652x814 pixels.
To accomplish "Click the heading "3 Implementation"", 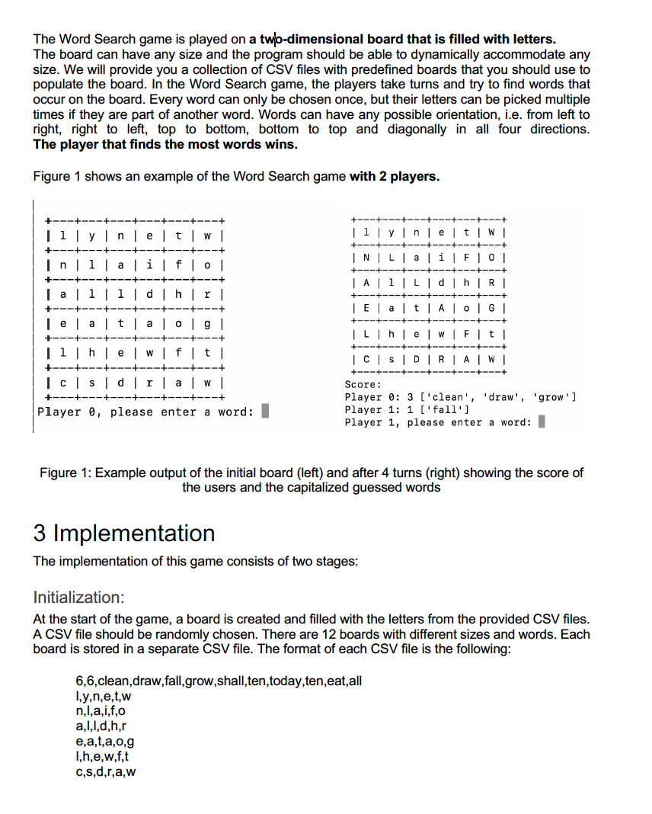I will (x=124, y=532).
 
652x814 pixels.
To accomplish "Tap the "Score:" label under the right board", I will (x=363, y=385).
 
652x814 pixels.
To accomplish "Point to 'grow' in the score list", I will (x=554, y=397).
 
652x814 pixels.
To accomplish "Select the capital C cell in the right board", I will (x=369, y=359).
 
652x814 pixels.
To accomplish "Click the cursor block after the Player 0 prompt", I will (x=265, y=412).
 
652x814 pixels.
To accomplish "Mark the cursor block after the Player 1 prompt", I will (x=542, y=422).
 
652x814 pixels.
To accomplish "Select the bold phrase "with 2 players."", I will (x=395, y=177).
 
